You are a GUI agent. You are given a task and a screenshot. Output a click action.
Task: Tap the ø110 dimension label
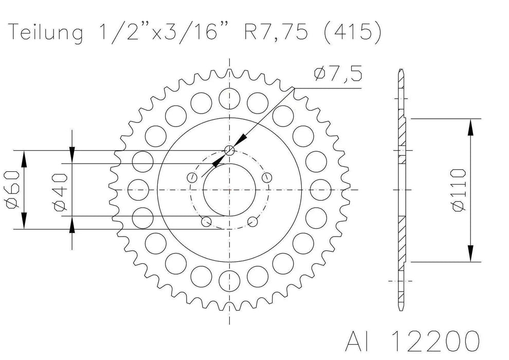tap(459, 189)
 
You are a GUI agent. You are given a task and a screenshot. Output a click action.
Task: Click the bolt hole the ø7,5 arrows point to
tap(229, 150)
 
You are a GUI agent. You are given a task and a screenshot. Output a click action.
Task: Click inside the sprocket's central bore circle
tap(229, 190)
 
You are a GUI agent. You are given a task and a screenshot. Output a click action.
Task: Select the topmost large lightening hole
tap(229, 97)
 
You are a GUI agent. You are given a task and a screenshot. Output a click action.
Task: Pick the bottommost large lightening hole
tap(229, 282)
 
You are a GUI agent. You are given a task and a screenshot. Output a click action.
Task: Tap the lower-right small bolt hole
tap(252, 222)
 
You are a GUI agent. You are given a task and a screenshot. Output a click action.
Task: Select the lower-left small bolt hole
tap(206, 222)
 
